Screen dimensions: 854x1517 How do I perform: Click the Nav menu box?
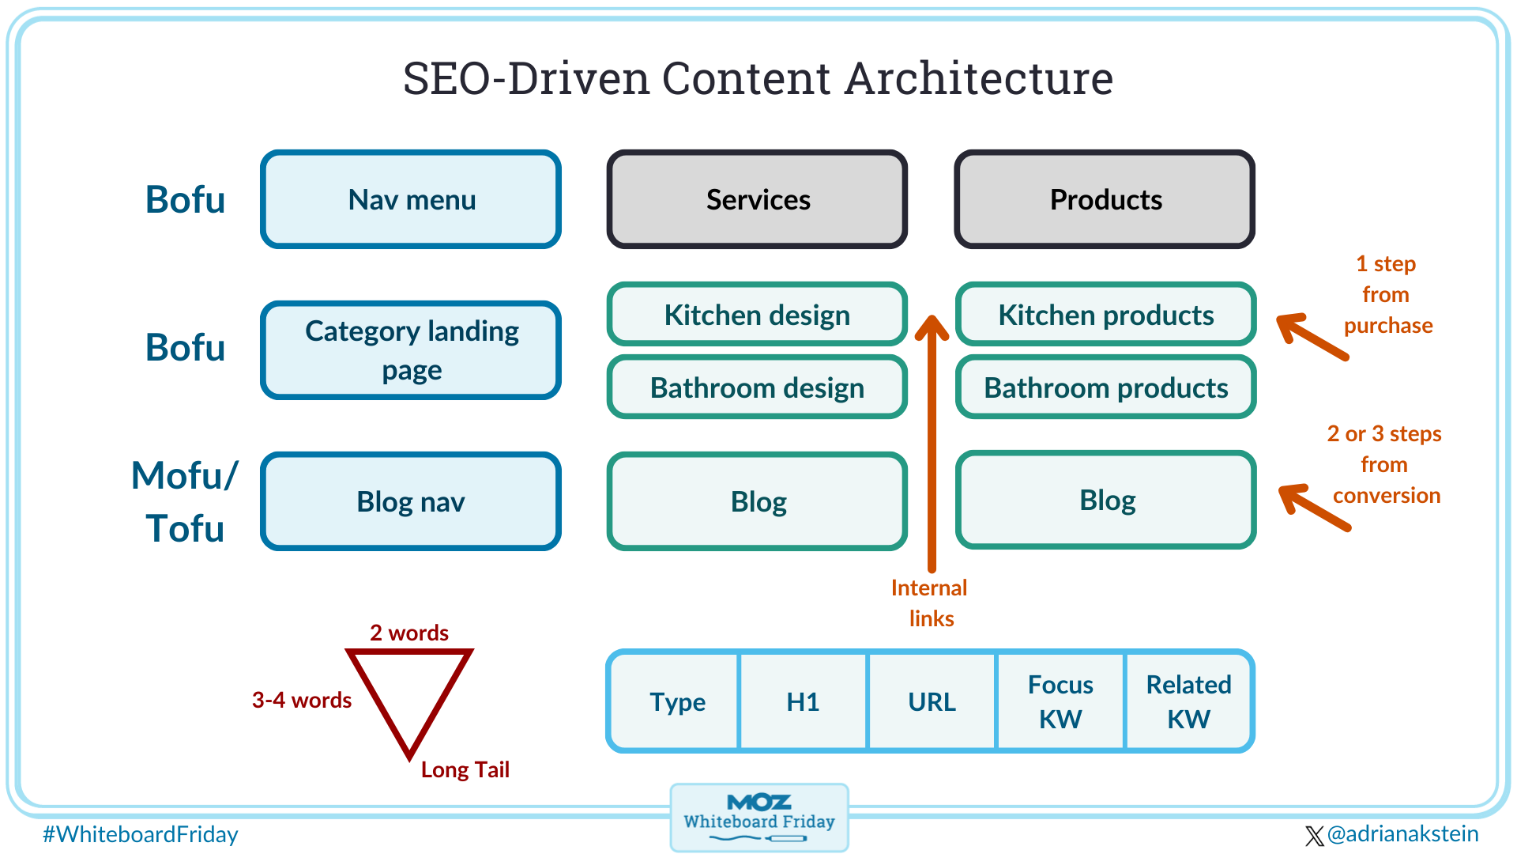click(x=411, y=199)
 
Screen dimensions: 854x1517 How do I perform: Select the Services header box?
click(x=757, y=199)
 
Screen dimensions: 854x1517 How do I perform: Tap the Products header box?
click(x=1105, y=199)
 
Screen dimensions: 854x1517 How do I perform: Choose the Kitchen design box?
click(x=757, y=315)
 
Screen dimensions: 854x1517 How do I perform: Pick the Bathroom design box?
click(x=757, y=387)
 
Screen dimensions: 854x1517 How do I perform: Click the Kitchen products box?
click(x=1105, y=315)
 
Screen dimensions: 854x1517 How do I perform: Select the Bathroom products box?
click(x=1105, y=387)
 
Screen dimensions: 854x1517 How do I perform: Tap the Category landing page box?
click(x=411, y=350)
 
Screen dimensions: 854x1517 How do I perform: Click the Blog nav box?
click(x=411, y=501)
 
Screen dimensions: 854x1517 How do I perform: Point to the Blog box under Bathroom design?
click(x=757, y=501)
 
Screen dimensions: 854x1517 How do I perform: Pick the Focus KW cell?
click(x=1060, y=701)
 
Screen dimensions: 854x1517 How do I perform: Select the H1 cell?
click(x=803, y=701)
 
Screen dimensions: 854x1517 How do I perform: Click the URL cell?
click(x=932, y=701)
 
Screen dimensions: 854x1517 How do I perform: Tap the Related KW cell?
click(x=1188, y=701)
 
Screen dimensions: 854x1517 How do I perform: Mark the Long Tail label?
click(x=465, y=769)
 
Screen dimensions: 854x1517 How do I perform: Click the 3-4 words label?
click(x=302, y=700)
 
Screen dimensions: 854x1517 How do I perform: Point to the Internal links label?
click(x=930, y=603)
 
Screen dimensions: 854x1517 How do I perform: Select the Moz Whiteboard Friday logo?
click(x=758, y=817)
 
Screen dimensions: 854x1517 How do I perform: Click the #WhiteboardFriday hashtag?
click(x=141, y=834)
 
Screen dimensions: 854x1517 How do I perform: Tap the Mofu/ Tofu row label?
click(x=185, y=501)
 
